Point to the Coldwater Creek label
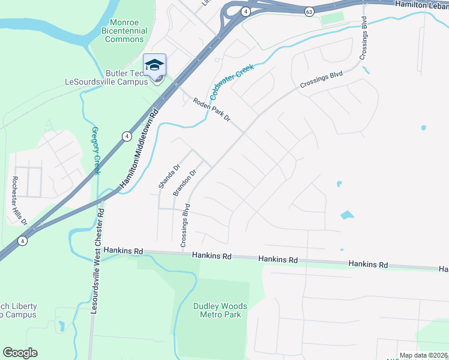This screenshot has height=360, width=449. tap(232, 81)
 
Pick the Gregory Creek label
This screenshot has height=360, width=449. tap(96, 150)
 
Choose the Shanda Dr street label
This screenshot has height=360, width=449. tap(169, 176)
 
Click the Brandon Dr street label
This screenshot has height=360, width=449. tap(185, 182)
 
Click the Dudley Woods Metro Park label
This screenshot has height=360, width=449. tap(220, 310)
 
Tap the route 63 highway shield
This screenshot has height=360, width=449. tap(309, 11)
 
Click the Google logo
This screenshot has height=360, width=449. tap(20, 353)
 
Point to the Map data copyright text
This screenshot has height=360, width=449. tap(424, 355)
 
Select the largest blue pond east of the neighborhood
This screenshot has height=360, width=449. tap(347, 214)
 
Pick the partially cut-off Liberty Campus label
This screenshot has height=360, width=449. tap(17, 310)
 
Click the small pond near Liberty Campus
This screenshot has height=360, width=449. tap(62, 326)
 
